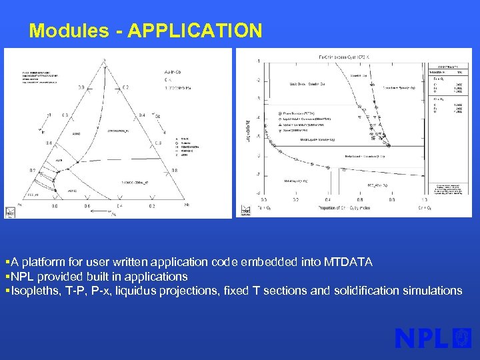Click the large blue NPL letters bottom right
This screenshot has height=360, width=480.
422,339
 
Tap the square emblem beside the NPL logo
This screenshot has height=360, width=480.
462,338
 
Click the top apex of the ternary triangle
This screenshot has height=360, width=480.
103,61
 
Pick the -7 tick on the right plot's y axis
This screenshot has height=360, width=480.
258,174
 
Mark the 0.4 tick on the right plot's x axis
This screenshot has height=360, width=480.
327,198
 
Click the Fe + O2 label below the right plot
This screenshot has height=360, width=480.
265,209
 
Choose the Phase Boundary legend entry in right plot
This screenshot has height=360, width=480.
299,113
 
